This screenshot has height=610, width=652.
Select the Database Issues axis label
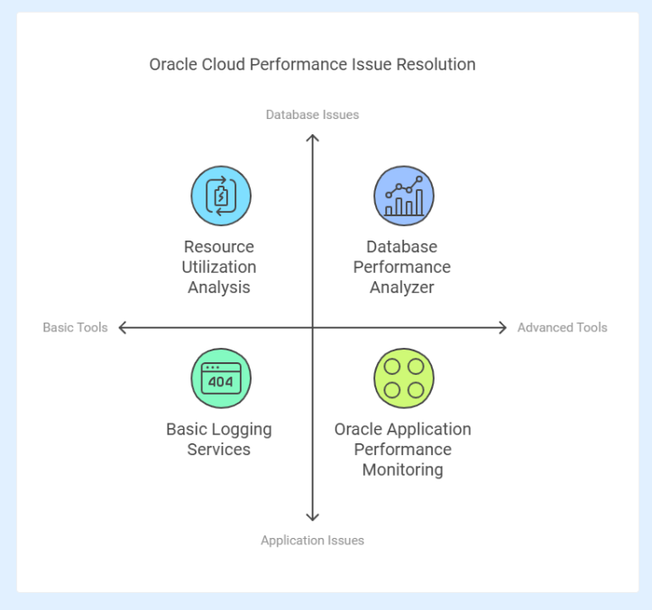312,114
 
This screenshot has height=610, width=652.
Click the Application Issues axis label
312,541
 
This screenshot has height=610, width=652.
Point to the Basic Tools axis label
75,327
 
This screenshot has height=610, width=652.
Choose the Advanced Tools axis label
562,327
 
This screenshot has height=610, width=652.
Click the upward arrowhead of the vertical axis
312,138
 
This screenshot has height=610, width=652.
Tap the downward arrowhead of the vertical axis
312,517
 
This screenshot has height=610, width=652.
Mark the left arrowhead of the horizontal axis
123,327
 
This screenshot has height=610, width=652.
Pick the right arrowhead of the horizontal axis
502,327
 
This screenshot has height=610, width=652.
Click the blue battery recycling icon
221,196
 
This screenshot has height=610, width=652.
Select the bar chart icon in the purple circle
404,196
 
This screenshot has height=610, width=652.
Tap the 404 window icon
221,378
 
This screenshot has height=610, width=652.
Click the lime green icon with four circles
404,378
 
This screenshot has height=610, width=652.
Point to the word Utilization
219,267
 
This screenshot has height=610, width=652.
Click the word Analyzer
402,287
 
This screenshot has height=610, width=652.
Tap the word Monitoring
402,470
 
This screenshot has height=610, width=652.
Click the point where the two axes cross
312,327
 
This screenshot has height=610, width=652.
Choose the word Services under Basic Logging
219,450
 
